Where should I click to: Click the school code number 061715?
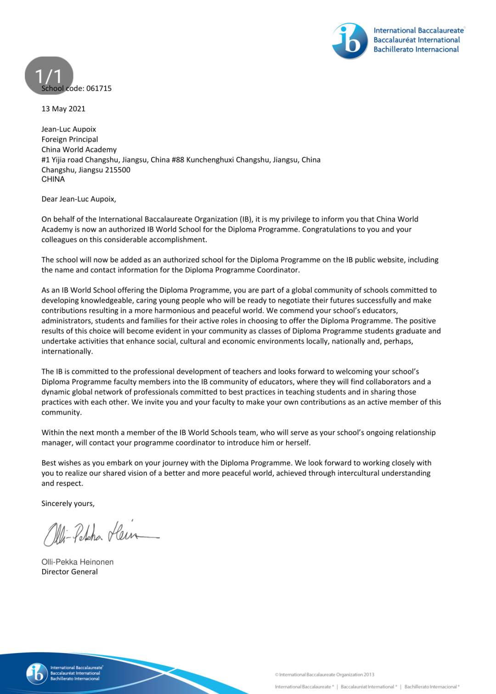(x=99, y=88)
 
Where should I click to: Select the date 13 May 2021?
(x=63, y=109)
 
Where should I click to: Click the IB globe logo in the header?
(x=350, y=41)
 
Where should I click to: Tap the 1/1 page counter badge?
(x=49, y=75)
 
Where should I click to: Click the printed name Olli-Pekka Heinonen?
(x=77, y=562)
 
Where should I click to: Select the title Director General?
(x=69, y=572)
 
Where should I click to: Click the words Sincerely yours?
(x=68, y=504)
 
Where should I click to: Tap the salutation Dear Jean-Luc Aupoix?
(x=79, y=199)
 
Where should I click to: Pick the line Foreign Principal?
(x=69, y=139)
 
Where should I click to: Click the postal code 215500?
(x=118, y=170)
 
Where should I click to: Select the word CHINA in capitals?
(x=53, y=179)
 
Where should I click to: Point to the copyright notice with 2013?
(x=325, y=675)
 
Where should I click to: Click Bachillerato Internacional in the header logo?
(x=416, y=50)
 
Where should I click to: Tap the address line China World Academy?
(x=79, y=149)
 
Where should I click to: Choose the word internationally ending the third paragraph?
(x=67, y=352)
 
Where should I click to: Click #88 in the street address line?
(x=178, y=159)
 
